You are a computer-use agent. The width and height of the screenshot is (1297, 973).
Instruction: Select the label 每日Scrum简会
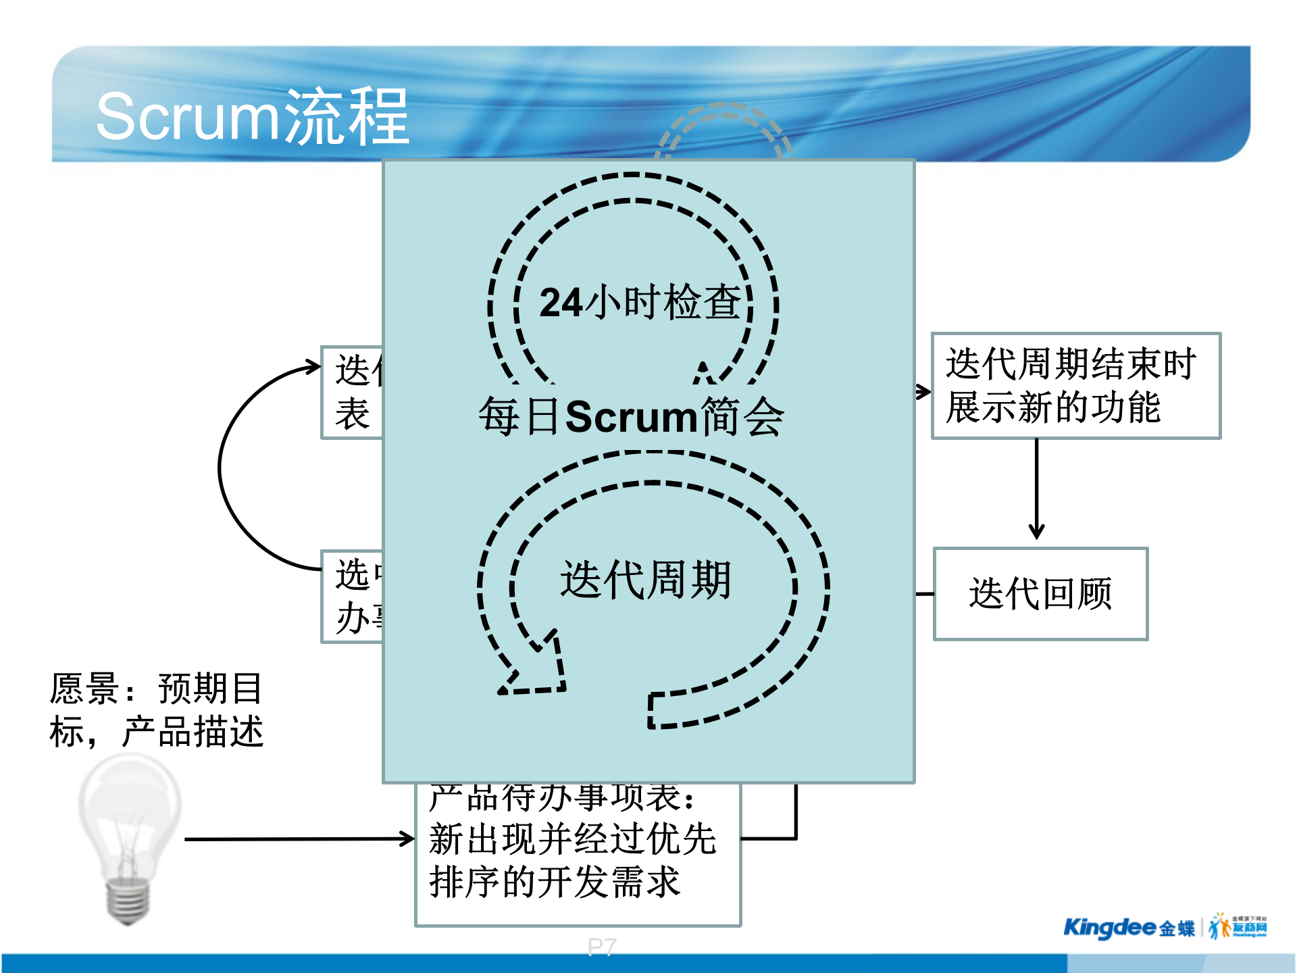(x=631, y=416)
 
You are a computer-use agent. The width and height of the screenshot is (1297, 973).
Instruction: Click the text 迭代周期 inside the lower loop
(x=645, y=580)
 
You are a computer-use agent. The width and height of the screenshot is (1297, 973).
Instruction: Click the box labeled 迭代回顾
(x=1040, y=594)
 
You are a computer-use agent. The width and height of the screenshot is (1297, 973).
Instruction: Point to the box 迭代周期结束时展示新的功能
(x=1075, y=386)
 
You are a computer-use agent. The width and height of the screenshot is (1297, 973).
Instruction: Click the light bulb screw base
(x=128, y=901)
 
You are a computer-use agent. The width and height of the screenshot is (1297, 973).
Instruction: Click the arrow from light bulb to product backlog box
(x=297, y=839)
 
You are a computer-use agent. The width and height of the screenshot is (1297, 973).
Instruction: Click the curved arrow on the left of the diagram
(x=226, y=466)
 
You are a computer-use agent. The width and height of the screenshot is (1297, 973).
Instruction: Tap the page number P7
(x=601, y=947)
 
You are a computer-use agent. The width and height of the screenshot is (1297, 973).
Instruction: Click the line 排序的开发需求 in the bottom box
(x=554, y=882)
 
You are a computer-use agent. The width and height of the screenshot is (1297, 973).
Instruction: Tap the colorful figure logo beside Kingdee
(x=1219, y=926)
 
